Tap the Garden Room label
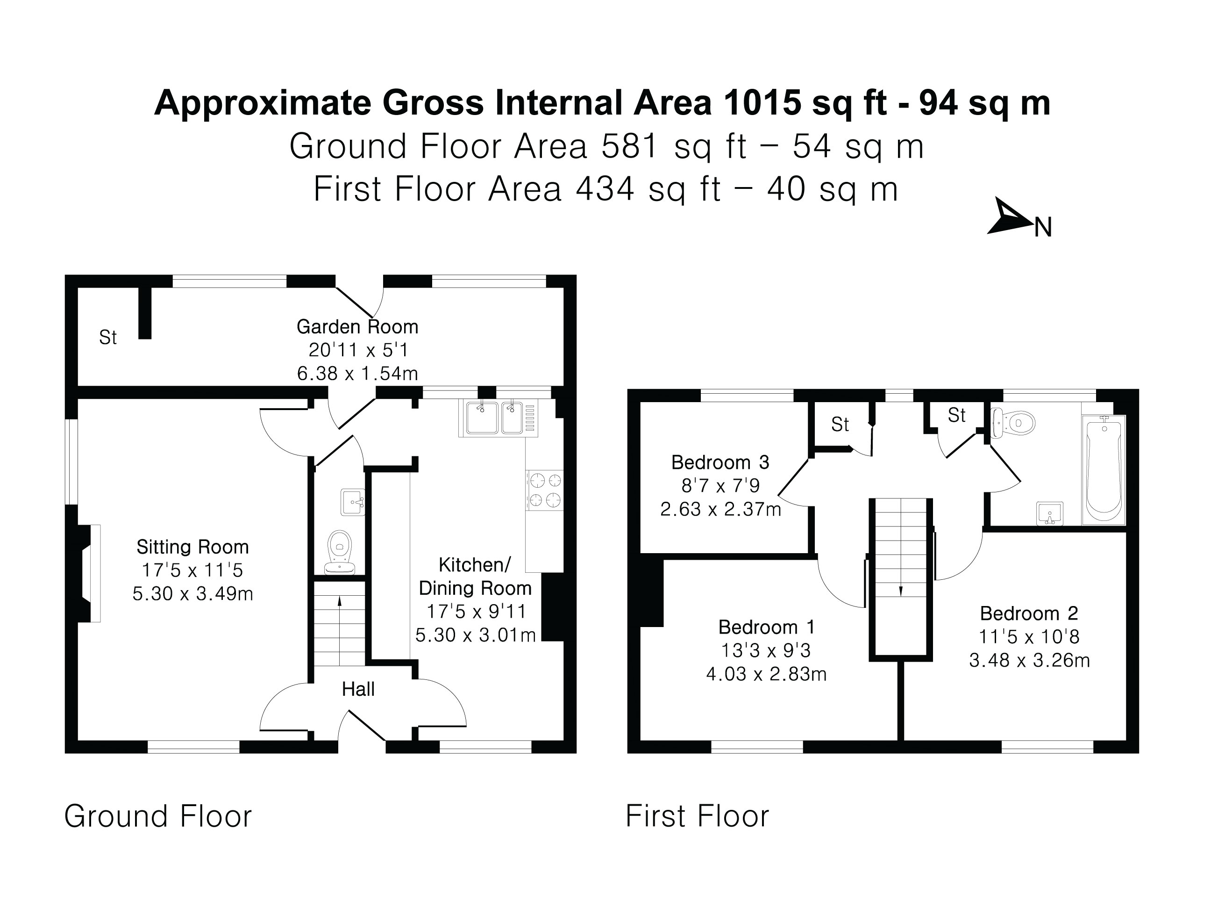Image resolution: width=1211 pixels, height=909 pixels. pyautogui.click(x=357, y=326)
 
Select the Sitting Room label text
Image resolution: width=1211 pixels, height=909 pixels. pyautogui.click(x=192, y=547)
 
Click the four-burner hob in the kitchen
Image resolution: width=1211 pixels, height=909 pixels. pyautogui.click(x=544, y=491)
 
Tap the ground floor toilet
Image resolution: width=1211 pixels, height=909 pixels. pyautogui.click(x=340, y=552)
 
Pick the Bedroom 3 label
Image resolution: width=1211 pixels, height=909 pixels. pyautogui.click(x=720, y=462)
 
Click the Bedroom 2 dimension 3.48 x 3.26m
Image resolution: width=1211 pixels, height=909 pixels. pyautogui.click(x=1029, y=660)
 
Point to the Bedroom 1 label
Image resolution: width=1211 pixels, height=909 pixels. pyautogui.click(x=767, y=627)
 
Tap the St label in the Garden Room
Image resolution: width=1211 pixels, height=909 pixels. pyautogui.click(x=108, y=338)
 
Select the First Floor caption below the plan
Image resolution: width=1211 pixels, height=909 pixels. pyautogui.click(x=697, y=816)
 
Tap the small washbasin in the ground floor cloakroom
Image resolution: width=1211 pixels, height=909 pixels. pyautogui.click(x=353, y=502)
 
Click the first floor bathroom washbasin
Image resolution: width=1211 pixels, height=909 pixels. pyautogui.click(x=1049, y=514)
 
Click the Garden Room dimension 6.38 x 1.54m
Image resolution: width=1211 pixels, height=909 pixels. pyautogui.click(x=357, y=374)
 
